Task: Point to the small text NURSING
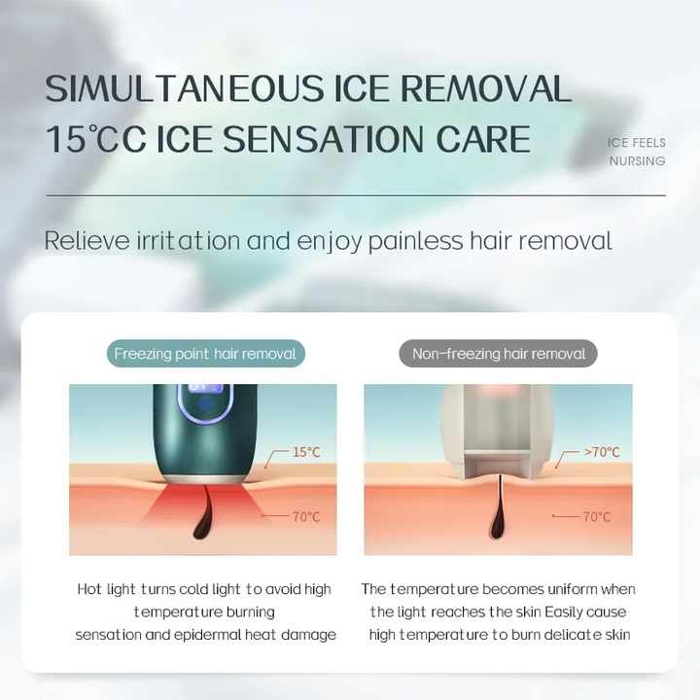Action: [x=637, y=161]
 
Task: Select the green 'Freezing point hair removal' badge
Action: [x=205, y=354]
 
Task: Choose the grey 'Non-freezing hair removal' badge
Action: [x=499, y=354]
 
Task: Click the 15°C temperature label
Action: [x=306, y=452]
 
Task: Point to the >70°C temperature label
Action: [x=602, y=452]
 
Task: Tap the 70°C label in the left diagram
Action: [x=306, y=516]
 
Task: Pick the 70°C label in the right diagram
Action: [x=597, y=516]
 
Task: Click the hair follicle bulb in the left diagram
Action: [x=203, y=525]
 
